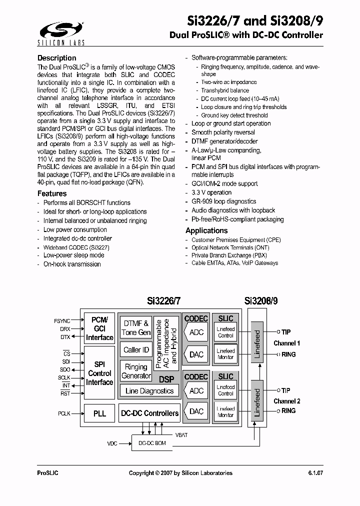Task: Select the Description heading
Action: tap(56, 58)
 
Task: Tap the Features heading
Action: tap(52, 193)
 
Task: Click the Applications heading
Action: tap(206, 230)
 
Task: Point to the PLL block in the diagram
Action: tap(99, 413)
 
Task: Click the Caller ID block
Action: tap(136, 350)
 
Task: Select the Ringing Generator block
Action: tap(136, 371)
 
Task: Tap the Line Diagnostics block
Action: tap(149, 391)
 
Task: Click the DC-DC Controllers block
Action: tap(149, 413)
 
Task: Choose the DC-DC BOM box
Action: tap(152, 443)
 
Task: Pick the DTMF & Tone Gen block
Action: tap(136, 328)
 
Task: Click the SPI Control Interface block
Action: tap(99, 373)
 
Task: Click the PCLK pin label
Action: tap(64, 413)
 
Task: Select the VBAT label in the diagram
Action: tap(181, 435)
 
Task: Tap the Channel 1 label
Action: tap(286, 343)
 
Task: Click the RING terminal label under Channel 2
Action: tap(288, 410)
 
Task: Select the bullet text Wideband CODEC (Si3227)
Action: tap(76, 247)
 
